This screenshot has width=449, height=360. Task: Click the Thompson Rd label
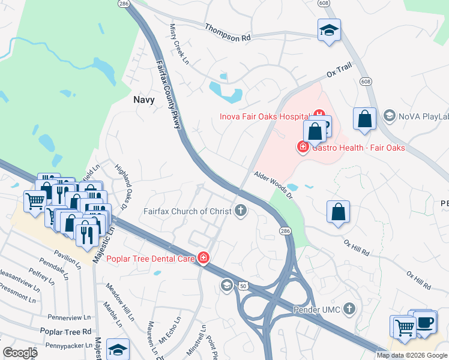[x=227, y=32]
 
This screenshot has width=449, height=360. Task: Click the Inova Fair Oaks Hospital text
[x=264, y=116]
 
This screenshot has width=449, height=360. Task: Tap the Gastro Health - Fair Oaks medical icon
[x=303, y=146]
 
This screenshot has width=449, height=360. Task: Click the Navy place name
[x=143, y=100]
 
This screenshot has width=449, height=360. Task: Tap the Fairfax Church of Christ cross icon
[x=240, y=210]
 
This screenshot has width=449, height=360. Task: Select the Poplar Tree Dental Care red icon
[x=203, y=258]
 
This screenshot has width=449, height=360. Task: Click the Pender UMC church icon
[x=349, y=309]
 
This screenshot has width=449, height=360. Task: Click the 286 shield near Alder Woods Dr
[x=285, y=230]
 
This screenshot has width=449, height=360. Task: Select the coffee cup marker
[x=425, y=322]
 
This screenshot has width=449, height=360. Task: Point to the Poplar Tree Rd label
[x=65, y=331]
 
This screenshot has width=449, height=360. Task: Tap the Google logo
[x=20, y=353]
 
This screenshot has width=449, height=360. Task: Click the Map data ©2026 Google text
[x=412, y=355]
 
